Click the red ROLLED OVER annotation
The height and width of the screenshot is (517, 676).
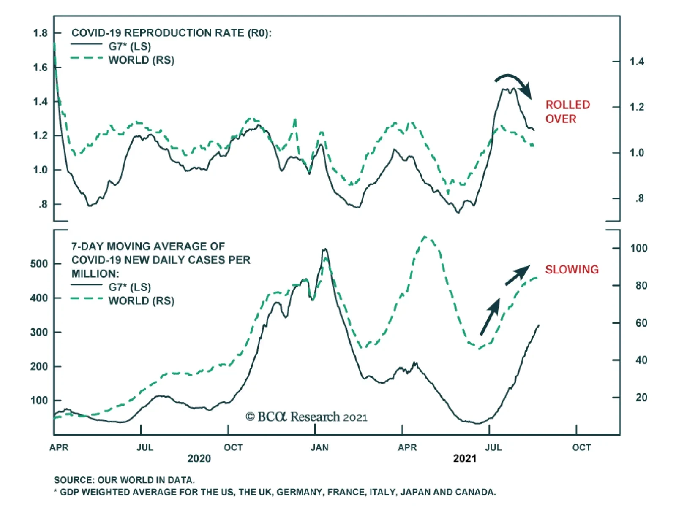[x=567, y=111]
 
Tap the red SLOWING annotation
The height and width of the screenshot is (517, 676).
[x=572, y=269]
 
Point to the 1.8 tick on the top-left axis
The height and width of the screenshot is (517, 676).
[x=41, y=33]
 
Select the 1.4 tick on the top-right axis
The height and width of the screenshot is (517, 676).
[x=637, y=62]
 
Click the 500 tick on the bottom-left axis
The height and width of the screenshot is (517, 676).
[x=39, y=264]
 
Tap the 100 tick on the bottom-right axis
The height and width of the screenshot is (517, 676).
[x=638, y=248]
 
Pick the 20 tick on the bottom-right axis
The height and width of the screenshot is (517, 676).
[x=641, y=397]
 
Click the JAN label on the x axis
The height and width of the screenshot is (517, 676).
[x=319, y=447]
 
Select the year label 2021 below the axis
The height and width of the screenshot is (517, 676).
[x=464, y=459]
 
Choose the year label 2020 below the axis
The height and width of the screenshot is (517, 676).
[x=199, y=459]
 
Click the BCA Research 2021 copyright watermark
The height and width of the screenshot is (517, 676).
[x=306, y=417]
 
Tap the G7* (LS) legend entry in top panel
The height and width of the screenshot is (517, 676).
[x=130, y=46]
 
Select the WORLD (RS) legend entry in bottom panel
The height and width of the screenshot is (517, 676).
[x=141, y=301]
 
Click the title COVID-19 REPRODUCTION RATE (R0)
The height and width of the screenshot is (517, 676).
[x=171, y=33]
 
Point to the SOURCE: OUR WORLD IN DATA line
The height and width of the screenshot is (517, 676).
[x=124, y=480]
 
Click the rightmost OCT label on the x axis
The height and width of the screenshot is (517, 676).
[x=581, y=447]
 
